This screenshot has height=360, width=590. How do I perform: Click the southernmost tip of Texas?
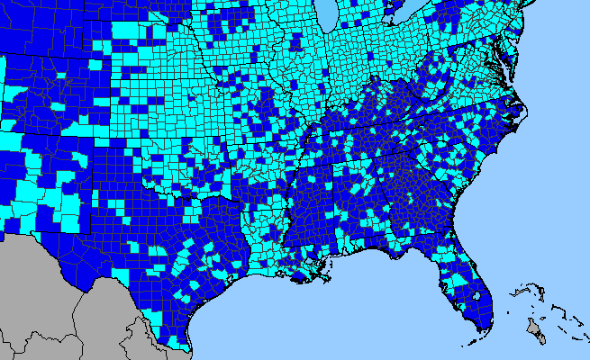click(188, 349)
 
